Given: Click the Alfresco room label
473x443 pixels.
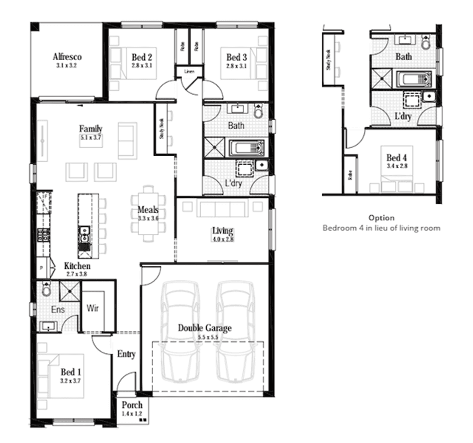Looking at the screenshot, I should point(67,57).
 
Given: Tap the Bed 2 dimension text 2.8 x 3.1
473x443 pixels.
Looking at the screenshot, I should point(141,66).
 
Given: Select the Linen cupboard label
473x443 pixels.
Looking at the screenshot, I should point(189,71).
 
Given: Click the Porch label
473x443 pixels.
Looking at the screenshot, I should point(132,405).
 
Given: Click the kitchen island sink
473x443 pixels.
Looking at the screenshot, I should point(84,231).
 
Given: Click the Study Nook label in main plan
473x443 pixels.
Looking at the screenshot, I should point(162,129).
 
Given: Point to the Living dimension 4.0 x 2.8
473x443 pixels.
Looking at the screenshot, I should point(222,239).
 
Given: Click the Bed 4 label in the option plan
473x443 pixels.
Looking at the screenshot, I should point(396,158).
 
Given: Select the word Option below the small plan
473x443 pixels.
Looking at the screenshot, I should point(381,218).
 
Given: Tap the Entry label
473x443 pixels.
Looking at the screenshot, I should point(126,354).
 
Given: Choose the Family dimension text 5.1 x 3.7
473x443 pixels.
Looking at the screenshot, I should point(91,138).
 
